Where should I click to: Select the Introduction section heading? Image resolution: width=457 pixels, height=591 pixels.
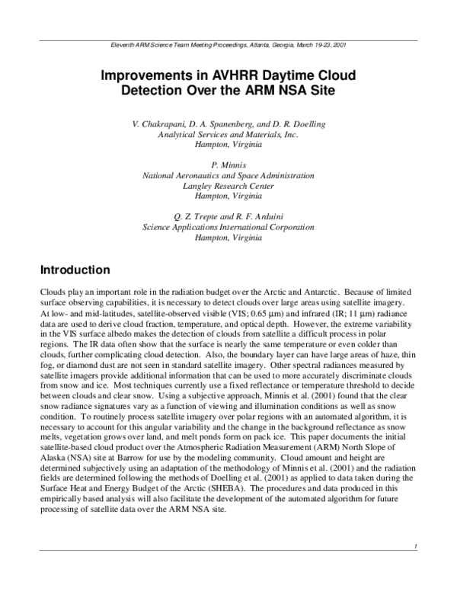pos(75,270)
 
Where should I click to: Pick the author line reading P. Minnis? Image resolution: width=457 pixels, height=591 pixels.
pos(228,165)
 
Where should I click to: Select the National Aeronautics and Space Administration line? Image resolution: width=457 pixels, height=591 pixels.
pos(228,175)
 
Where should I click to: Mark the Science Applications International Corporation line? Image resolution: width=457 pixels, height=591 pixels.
pos(228,227)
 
